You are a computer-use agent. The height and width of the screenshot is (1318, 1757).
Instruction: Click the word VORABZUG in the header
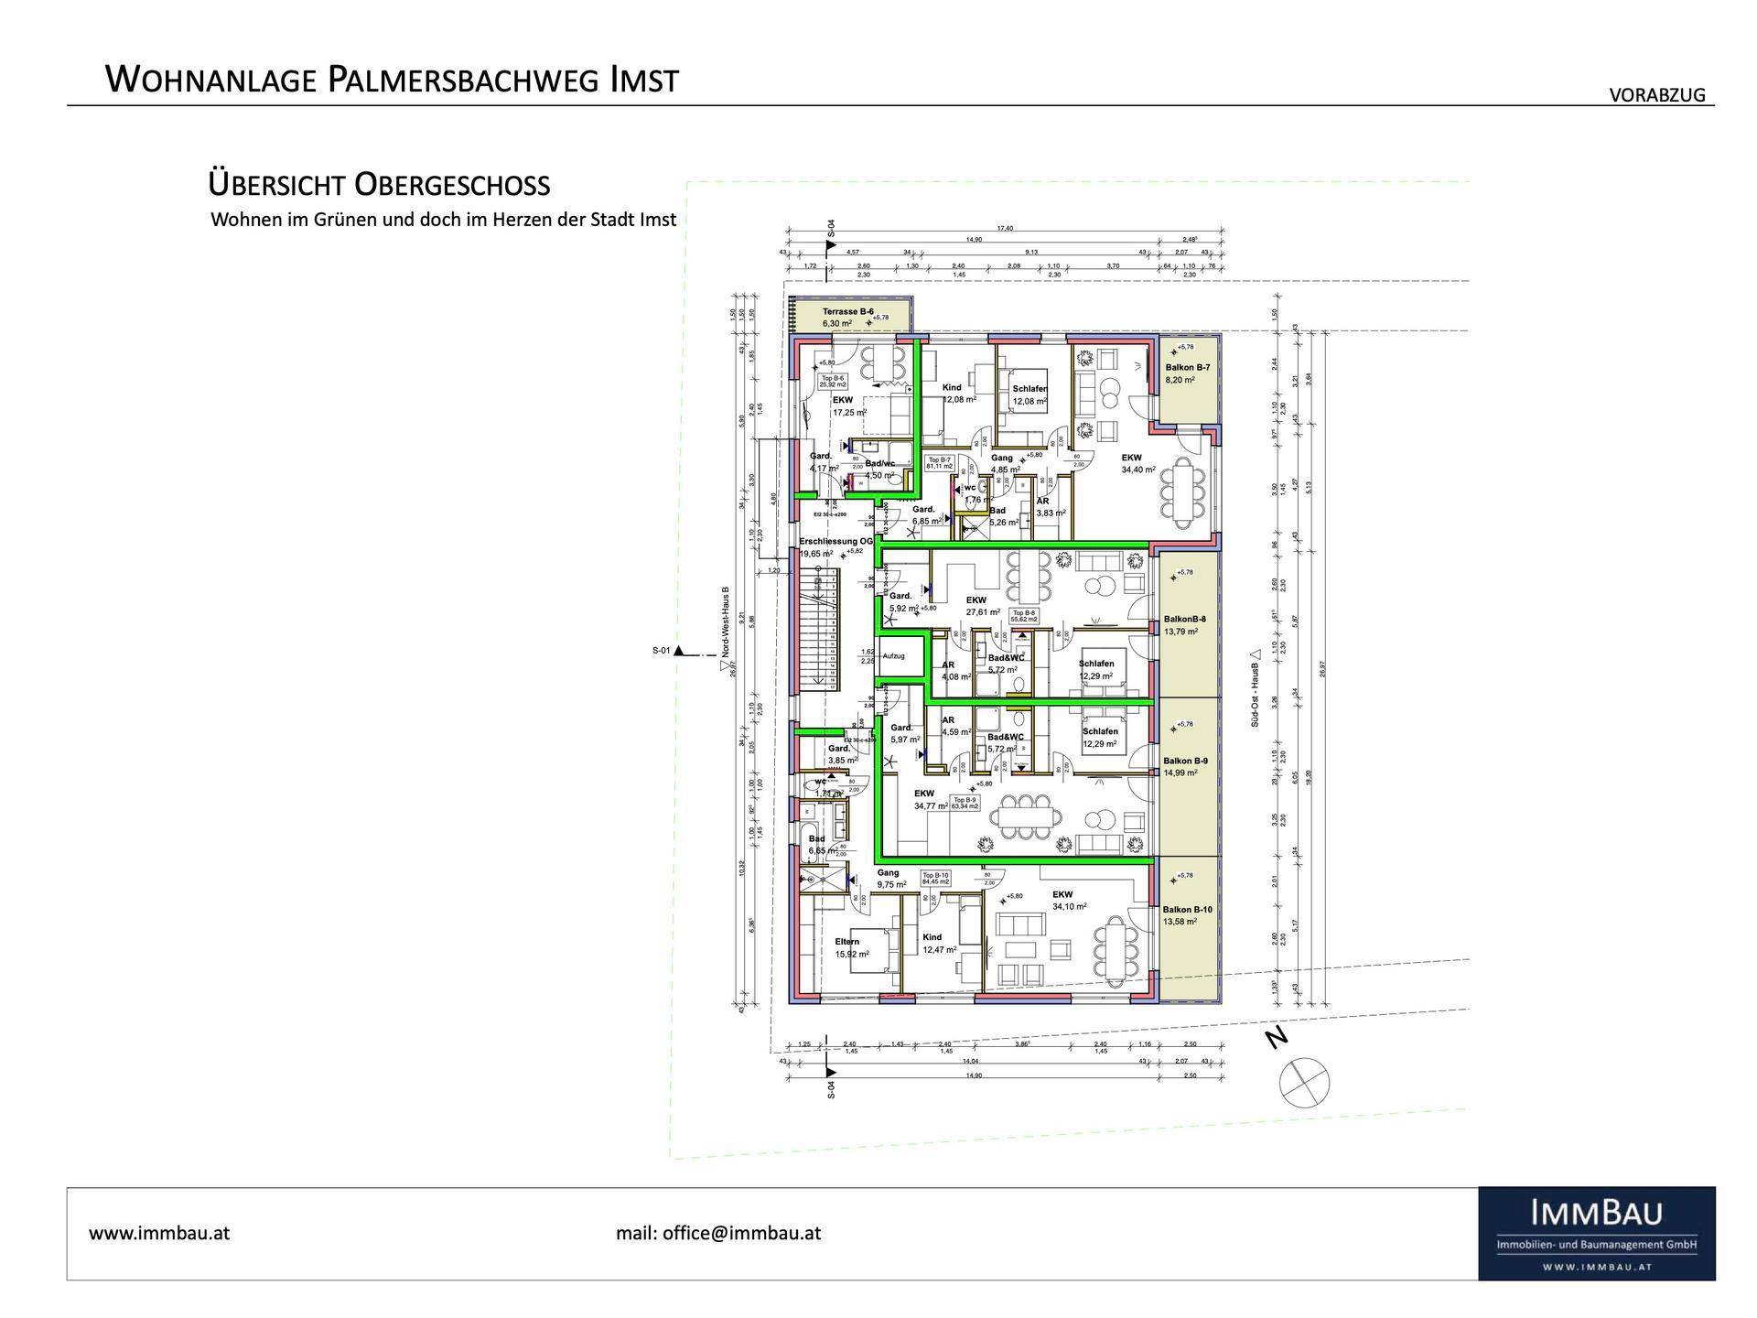1657,95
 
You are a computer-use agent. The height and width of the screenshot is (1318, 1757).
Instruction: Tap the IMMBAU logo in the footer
1596,1232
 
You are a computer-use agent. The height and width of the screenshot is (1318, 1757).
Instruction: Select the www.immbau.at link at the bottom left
159,1232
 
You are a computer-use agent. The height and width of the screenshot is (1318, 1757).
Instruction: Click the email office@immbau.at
718,1232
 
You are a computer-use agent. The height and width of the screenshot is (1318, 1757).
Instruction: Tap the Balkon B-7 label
1188,367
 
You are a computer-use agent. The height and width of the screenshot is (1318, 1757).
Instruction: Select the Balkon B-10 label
1188,909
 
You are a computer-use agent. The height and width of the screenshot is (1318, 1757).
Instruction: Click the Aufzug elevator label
894,655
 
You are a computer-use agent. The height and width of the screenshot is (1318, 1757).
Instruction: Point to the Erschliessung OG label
835,541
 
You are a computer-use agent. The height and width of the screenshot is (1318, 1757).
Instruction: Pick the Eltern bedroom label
847,941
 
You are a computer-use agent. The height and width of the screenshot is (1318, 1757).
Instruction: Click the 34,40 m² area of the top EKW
1138,470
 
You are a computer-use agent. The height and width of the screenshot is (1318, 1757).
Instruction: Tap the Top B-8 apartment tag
1023,612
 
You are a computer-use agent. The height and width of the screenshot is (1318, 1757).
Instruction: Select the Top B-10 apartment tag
935,875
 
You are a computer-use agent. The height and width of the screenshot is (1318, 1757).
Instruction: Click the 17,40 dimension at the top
1004,229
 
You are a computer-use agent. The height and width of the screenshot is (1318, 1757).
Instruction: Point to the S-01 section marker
662,651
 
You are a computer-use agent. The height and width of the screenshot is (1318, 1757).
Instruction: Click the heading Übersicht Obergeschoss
379,185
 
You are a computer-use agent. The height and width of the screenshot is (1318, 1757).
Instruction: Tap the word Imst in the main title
643,80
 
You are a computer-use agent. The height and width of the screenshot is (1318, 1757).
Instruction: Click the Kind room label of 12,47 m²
932,937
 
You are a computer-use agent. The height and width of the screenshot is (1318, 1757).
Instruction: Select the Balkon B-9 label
1186,761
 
